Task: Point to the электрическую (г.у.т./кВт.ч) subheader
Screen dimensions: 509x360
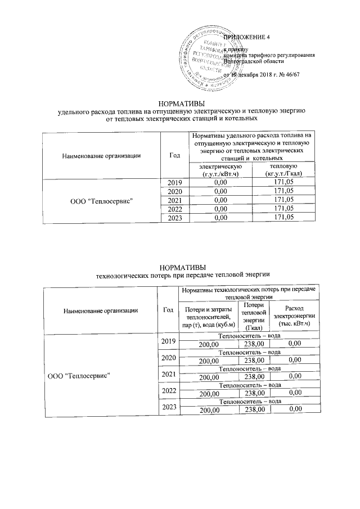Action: [x=217, y=170]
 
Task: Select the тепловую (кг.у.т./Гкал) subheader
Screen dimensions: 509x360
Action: [x=284, y=170]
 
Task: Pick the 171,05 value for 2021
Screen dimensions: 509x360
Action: [x=284, y=200]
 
